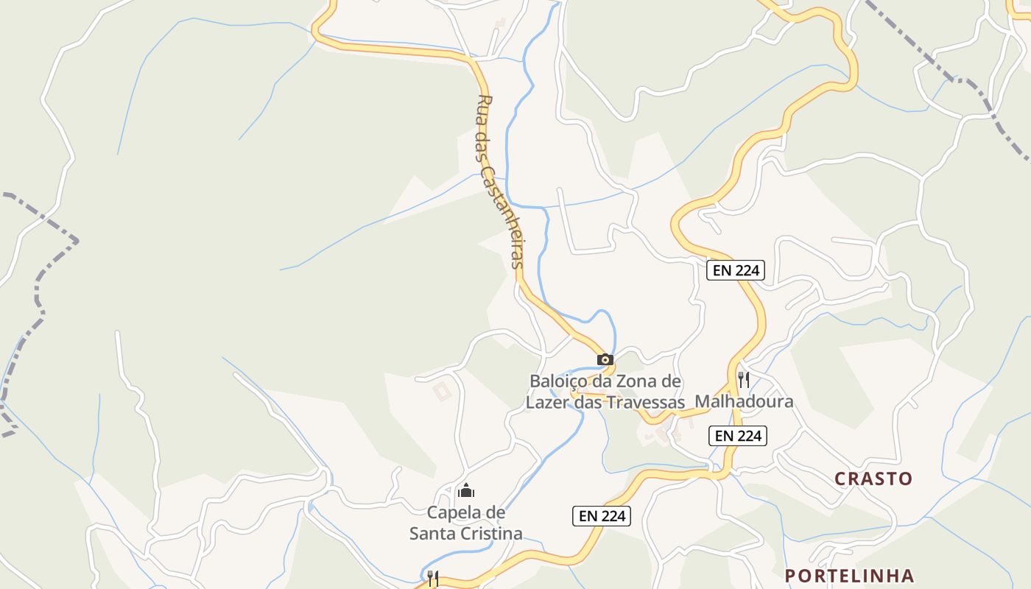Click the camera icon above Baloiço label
605,359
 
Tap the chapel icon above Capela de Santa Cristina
465,490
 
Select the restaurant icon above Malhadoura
744,380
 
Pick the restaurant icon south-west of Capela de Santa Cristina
433,579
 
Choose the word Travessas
646,402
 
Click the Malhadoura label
745,401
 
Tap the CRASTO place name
873,479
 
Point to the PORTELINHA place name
849,575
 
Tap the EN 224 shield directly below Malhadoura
738,436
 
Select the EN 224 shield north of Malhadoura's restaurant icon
736,270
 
